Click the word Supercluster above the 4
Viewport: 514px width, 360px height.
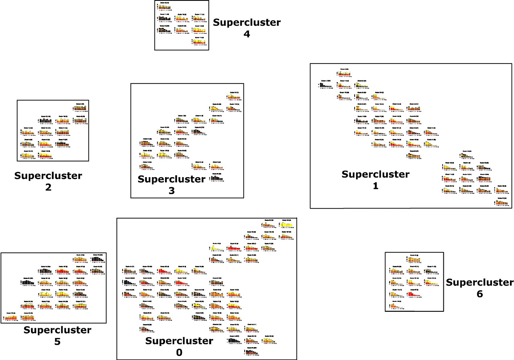click(247, 22)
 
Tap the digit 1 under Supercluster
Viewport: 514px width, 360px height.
click(375, 186)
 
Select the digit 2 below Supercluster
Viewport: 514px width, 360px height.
click(48, 187)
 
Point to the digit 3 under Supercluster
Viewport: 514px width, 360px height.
click(171, 191)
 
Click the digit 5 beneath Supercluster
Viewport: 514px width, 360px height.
click(57, 342)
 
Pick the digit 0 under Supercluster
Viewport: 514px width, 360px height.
click(179, 353)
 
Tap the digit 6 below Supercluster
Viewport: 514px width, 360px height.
click(479, 294)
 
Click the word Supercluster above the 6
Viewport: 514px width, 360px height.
click(479, 282)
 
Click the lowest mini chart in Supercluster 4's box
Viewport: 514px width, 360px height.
click(200, 41)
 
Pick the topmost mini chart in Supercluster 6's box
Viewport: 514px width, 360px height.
click(414, 259)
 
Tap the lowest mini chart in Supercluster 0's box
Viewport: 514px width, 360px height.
click(251, 352)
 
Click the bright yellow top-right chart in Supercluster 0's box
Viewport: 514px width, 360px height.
click(287, 224)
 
